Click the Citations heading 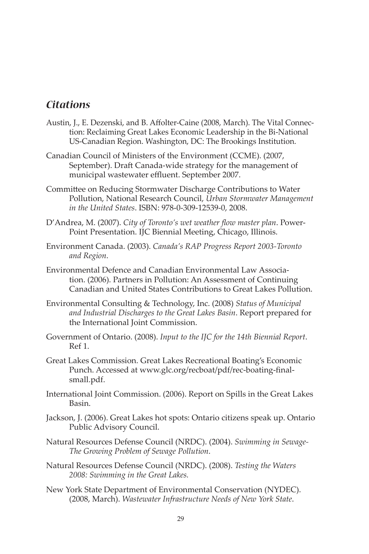tap(68, 105)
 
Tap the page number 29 tap(180, 519)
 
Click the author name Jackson tap(59, 418)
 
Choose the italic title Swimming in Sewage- tap(272, 442)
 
